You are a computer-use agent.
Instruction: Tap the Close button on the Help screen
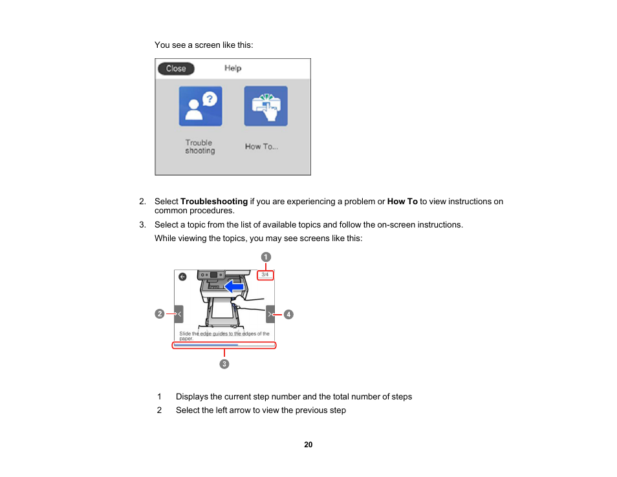pos(176,69)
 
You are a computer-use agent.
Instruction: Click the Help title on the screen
pos(233,69)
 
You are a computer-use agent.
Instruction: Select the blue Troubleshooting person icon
pos(200,106)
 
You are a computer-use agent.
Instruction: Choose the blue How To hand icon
pos(266,106)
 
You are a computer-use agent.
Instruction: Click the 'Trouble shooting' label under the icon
pos(200,147)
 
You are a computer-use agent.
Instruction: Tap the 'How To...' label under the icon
pos(261,147)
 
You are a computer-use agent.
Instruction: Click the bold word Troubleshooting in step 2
pos(214,202)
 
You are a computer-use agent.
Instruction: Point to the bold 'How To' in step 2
pos(402,202)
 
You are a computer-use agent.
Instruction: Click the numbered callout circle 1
pos(266,257)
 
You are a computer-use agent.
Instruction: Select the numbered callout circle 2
pos(159,314)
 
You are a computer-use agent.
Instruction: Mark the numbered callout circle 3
pos(224,364)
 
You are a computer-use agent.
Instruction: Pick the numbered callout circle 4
pos(288,314)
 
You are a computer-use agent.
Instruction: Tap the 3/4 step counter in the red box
pos(265,275)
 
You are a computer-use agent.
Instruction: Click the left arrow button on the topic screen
pos(179,314)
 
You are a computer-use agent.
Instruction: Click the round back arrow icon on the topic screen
pos(182,277)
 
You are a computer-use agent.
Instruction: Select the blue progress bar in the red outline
pos(206,345)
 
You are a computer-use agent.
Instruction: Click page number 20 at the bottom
pos(308,445)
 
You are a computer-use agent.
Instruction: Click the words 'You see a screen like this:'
pos(204,45)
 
